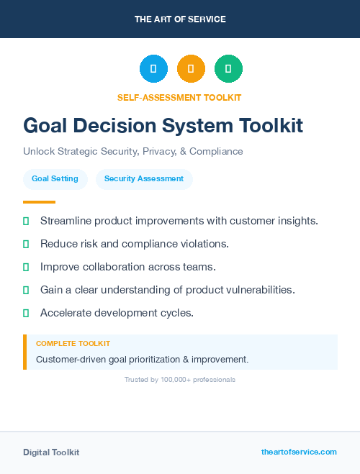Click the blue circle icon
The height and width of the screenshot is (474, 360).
[x=153, y=69]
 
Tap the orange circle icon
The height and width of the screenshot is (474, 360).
[x=191, y=69]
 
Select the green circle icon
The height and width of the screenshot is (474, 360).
[x=228, y=69]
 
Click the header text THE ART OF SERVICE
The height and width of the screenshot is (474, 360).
[x=180, y=19]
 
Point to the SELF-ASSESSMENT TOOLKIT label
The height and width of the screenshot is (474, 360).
[x=180, y=97]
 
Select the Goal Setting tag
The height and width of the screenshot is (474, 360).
[x=55, y=178]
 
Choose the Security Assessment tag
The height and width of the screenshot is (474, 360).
[x=144, y=178]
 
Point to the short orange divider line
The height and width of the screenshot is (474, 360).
[x=39, y=202]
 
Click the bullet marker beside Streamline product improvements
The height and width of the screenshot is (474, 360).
[x=26, y=221]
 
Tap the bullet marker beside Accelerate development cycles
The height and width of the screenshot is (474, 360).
[x=26, y=313]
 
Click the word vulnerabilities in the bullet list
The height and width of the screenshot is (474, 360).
[x=258, y=290]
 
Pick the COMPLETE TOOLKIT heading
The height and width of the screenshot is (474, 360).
[x=73, y=344]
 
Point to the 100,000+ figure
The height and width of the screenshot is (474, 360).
[x=174, y=379]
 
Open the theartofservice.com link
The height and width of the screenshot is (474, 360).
[x=299, y=452]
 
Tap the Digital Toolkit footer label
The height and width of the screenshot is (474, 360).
[x=51, y=452]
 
